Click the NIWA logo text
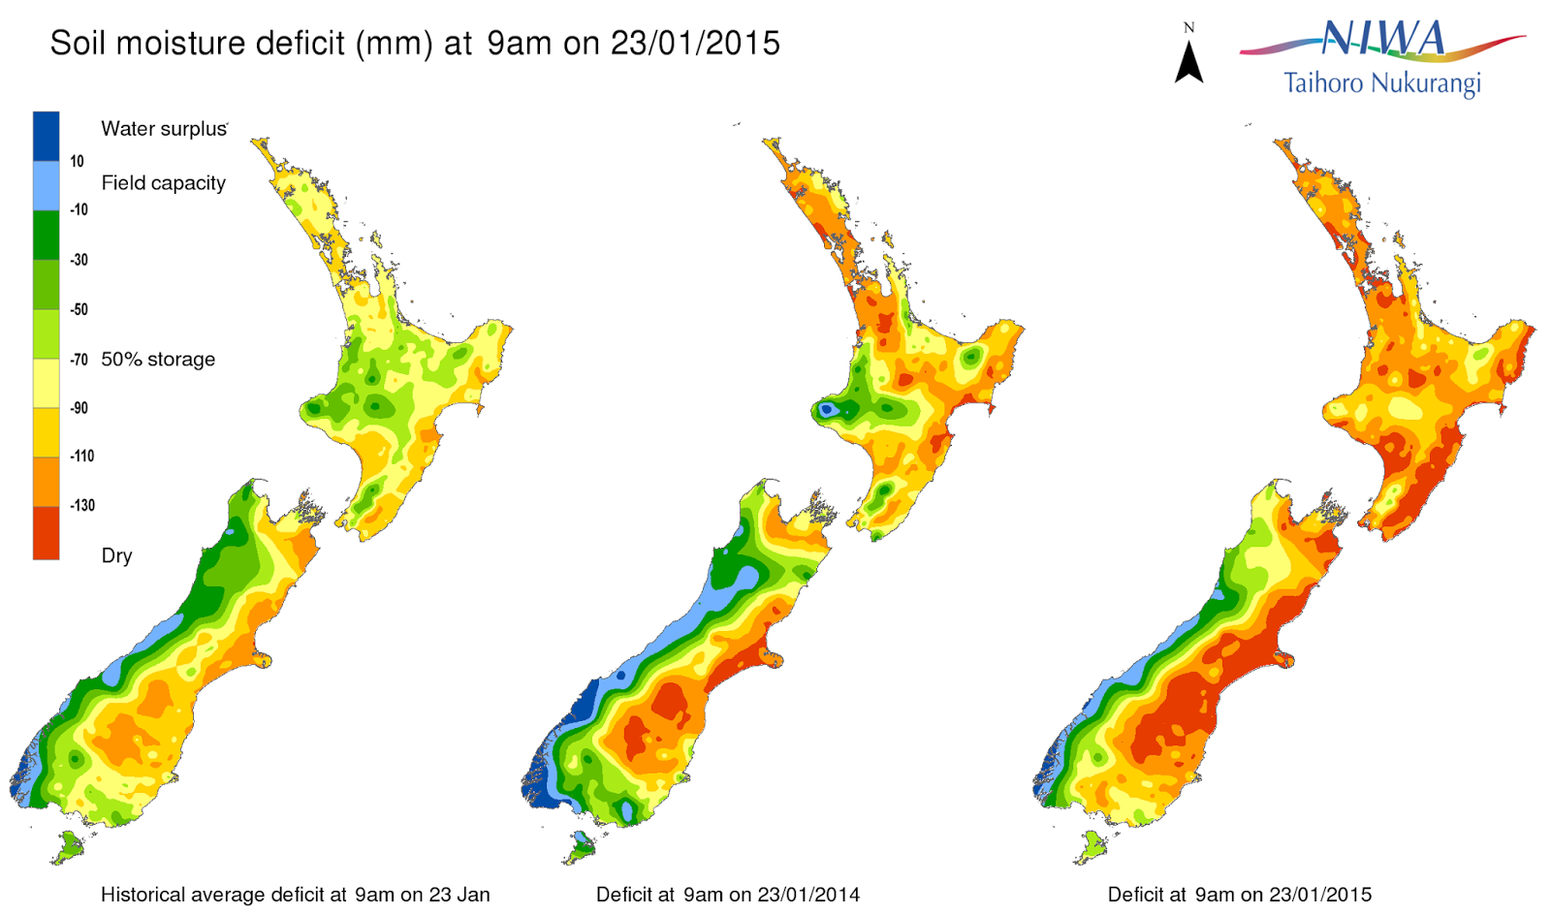[x=1383, y=39]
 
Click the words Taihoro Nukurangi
[x=1381, y=83]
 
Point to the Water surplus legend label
[x=164, y=129]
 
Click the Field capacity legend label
[x=163, y=183]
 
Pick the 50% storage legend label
[x=158, y=360]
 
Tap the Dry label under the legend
[x=116, y=555]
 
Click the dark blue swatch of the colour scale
[x=46, y=136]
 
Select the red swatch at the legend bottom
[x=46, y=533]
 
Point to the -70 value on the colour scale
[x=79, y=360]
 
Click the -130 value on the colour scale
[x=82, y=505]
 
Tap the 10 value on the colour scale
[x=77, y=162]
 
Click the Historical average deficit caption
[x=295, y=895]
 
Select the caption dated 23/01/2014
[x=727, y=895]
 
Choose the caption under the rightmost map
[x=1239, y=895]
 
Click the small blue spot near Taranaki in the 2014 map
[x=825, y=410]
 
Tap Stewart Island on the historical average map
[x=69, y=849]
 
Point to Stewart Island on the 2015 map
[x=1092, y=847]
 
